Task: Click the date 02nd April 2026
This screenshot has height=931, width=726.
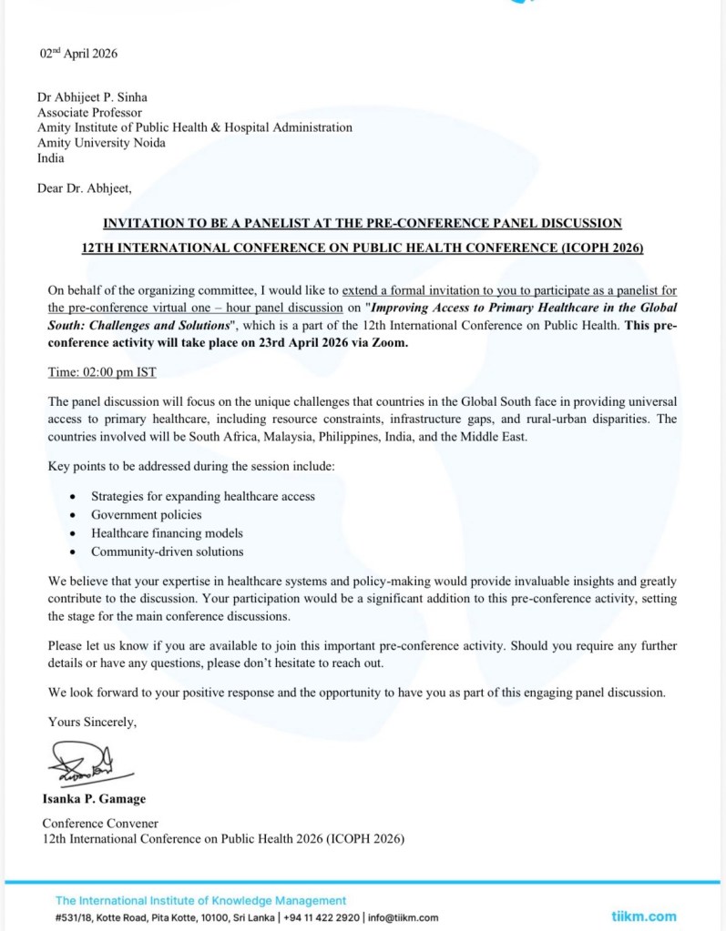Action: (x=77, y=54)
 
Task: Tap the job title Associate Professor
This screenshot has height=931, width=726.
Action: (x=91, y=113)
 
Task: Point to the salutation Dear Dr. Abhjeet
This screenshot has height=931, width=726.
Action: (x=84, y=188)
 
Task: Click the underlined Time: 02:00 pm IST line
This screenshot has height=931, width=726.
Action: (x=103, y=373)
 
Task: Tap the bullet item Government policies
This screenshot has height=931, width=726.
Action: (x=146, y=514)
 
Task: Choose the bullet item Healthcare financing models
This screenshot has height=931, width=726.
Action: (x=167, y=532)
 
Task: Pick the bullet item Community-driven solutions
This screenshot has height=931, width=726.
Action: (x=167, y=552)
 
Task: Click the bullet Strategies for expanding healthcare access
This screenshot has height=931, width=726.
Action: (x=202, y=496)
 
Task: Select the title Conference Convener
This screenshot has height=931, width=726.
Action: (x=100, y=824)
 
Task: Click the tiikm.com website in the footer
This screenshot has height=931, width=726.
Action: (x=643, y=916)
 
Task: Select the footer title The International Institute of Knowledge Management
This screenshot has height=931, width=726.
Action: (x=200, y=900)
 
